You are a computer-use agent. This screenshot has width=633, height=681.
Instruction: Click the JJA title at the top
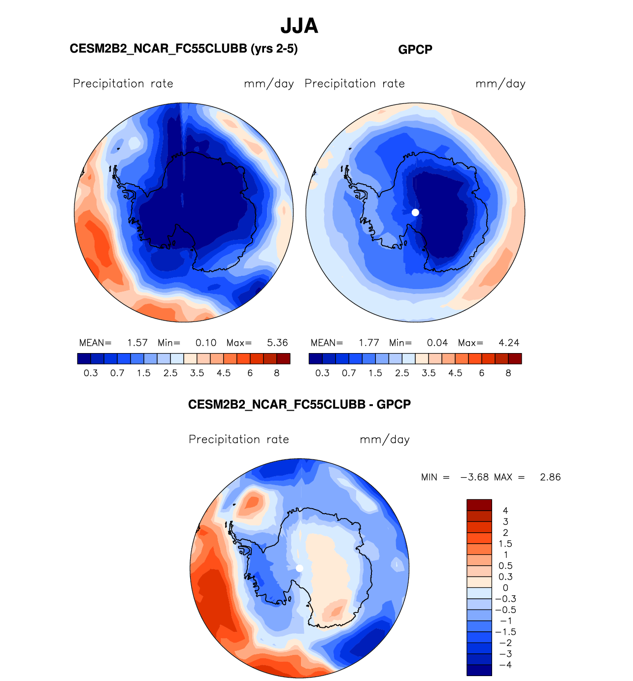299,26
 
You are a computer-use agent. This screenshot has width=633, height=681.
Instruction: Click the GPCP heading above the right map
415,50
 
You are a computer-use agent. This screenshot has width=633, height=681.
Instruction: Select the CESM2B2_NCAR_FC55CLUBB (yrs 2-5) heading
184,49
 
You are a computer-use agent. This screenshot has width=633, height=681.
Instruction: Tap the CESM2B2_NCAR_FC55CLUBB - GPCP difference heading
299,405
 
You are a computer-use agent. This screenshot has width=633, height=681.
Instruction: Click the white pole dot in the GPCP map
415,212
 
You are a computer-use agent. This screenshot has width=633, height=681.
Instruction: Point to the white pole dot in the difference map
300,568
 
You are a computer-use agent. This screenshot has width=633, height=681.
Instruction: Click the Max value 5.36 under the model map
277,343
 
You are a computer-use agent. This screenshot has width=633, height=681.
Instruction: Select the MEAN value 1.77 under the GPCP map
368,343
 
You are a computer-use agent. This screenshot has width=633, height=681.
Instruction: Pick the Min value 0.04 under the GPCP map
437,343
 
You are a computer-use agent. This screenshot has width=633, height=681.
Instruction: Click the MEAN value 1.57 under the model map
137,343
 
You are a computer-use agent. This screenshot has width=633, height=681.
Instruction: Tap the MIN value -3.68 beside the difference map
474,477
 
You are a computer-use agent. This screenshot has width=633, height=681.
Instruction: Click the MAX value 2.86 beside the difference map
550,477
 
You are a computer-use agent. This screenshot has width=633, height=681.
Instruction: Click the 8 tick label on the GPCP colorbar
508,373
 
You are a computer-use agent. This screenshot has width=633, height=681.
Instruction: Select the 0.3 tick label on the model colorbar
91,373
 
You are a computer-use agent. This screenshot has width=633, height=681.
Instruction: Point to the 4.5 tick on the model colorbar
224,373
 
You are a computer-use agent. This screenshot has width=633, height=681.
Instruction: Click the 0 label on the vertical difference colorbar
505,588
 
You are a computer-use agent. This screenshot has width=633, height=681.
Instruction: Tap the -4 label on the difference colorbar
505,665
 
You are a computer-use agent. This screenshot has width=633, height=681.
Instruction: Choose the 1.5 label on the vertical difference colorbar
505,544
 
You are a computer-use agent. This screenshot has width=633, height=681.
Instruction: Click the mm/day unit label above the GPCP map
500,84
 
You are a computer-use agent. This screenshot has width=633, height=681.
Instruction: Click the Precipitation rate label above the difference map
239,439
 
